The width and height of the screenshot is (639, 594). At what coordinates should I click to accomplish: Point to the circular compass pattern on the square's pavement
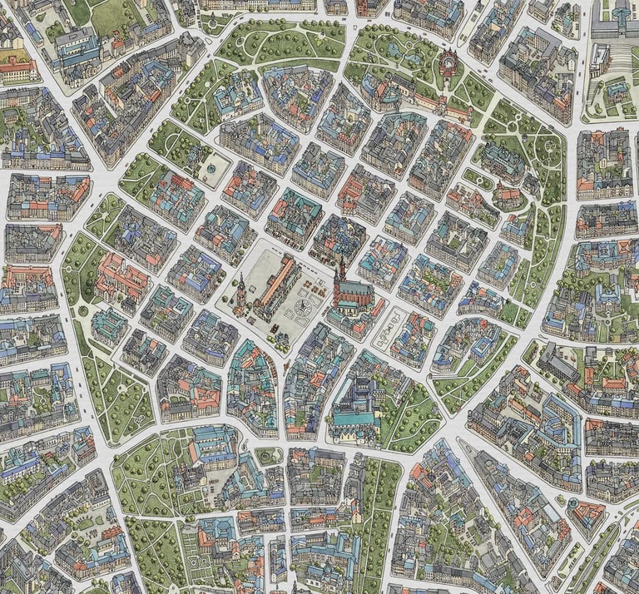coord(300,310)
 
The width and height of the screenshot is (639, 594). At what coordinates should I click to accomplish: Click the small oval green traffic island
coord(268,456)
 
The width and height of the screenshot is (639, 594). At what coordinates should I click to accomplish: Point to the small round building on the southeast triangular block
coord(572,502)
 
